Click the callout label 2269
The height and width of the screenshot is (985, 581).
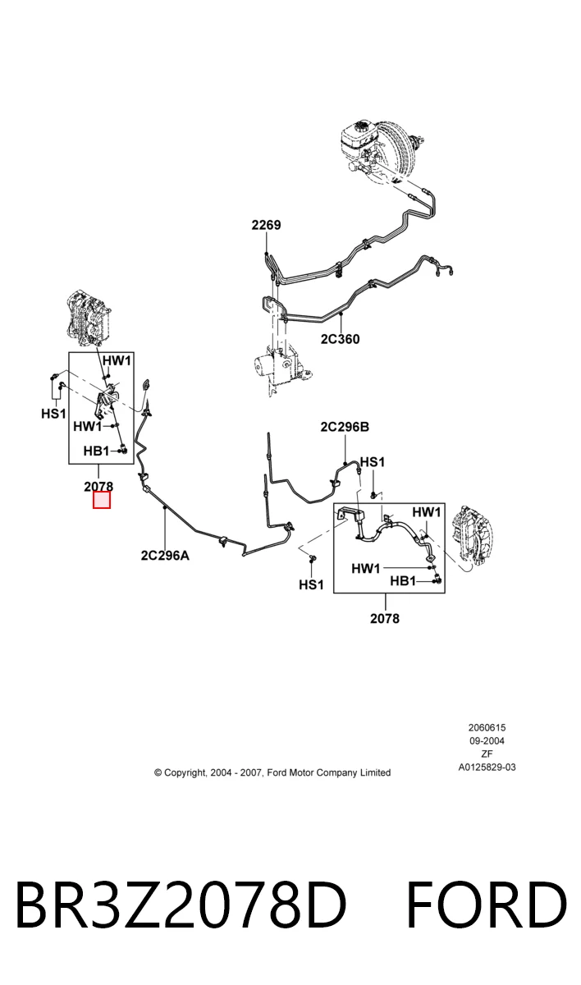[266, 225]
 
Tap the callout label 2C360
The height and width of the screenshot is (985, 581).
[340, 339]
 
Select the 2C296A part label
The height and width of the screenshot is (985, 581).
[165, 556]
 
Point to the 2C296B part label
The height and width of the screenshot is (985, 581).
[345, 427]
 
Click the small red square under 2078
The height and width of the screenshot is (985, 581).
[102, 500]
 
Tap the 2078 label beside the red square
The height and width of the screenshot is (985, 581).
[98, 486]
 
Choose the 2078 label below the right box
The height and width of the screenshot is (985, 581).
[385, 618]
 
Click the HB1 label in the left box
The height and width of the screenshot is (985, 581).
[96, 451]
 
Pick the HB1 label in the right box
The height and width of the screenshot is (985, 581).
[403, 581]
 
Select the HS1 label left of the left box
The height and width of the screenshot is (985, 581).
[53, 414]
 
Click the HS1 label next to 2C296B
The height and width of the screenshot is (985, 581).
[373, 461]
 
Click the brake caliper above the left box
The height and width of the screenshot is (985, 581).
[89, 316]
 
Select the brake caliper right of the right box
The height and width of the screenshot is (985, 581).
[473, 534]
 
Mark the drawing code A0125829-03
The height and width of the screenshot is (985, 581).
[487, 767]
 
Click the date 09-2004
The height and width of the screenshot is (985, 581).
[487, 741]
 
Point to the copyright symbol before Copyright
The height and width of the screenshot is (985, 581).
[158, 772]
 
